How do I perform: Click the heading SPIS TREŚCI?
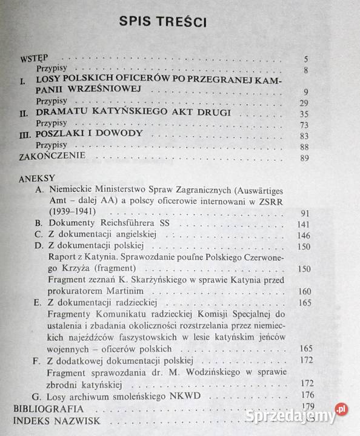click(163, 22)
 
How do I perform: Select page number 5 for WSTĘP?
click(307, 59)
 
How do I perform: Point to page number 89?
click(304, 158)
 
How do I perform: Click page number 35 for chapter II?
click(304, 113)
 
